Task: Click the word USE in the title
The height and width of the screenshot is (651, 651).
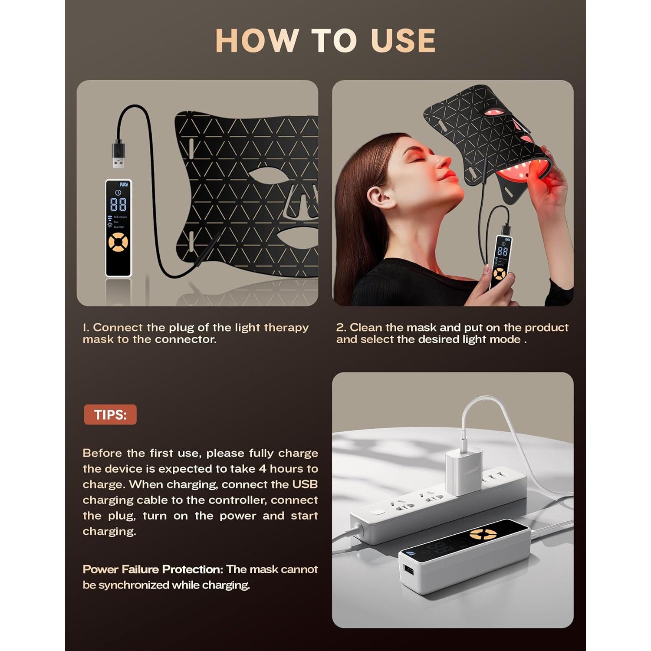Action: point(403,41)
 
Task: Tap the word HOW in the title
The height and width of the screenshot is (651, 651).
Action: point(256,41)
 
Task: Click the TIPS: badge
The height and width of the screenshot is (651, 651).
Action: point(110,414)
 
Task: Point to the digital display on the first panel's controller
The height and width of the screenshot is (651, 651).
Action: point(118,204)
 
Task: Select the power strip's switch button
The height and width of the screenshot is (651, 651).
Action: point(377,512)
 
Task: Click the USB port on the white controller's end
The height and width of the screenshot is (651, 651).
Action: point(408,569)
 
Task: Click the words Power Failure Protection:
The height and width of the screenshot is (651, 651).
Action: point(153,569)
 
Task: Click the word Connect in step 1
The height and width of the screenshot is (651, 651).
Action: point(118,327)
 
